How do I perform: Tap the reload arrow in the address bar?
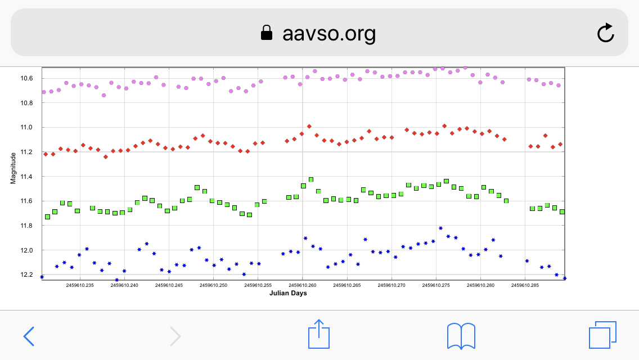[x=605, y=33]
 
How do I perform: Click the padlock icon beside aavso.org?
[x=267, y=34]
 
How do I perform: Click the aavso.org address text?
[x=329, y=34]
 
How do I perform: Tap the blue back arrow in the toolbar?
[x=29, y=336]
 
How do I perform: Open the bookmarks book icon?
[x=461, y=336]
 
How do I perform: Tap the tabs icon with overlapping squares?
[x=602, y=336]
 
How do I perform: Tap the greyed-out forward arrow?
[x=175, y=336]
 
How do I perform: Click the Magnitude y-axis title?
[x=13, y=168]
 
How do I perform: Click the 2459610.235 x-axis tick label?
[x=80, y=285]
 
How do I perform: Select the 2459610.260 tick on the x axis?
[x=303, y=285]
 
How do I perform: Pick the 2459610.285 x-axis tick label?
[x=525, y=285]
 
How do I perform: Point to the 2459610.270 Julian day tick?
[x=391, y=285]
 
